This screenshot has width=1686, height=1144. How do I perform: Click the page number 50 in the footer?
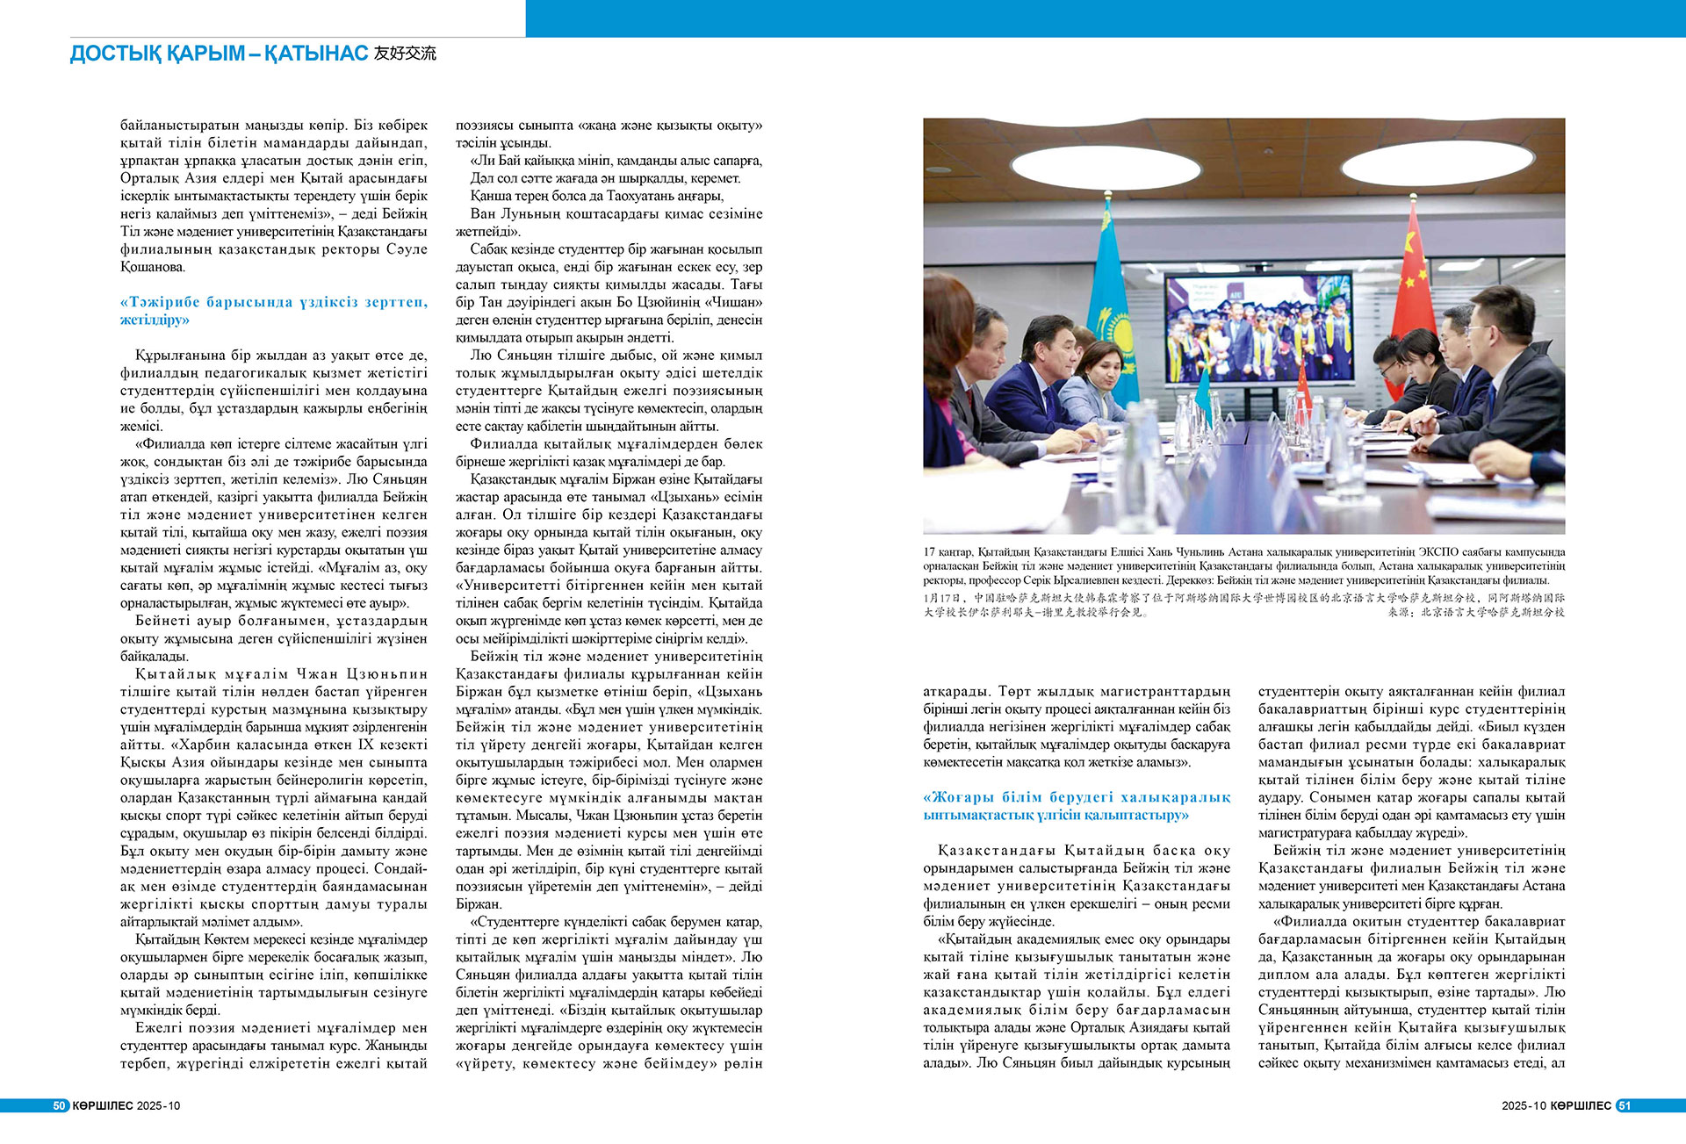(x=60, y=1105)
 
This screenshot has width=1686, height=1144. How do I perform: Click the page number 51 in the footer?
(x=1624, y=1105)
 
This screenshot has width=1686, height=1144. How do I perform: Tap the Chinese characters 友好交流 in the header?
(x=405, y=54)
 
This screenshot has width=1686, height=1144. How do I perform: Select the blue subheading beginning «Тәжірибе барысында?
(x=273, y=311)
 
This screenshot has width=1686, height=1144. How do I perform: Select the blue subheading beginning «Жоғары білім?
(x=1077, y=806)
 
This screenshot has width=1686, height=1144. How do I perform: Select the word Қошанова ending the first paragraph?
(x=153, y=267)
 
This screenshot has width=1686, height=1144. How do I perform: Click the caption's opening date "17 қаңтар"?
(x=947, y=552)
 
